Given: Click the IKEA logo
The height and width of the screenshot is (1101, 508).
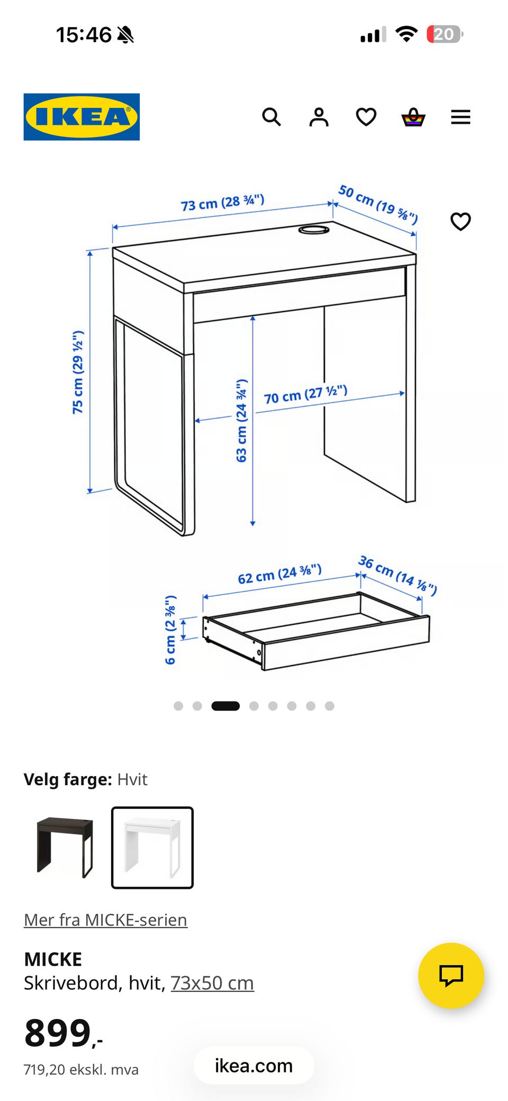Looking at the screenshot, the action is point(81,117).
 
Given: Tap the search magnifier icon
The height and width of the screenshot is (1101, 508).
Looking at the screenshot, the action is point(271,117).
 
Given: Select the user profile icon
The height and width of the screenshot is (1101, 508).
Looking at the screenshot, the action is point(319,117).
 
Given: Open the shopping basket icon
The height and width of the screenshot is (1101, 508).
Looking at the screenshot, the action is point(413,117).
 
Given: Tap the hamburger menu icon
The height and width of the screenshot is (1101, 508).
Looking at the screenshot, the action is point(460,117).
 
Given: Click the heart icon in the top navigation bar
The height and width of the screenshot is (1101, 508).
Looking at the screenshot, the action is point(366,117).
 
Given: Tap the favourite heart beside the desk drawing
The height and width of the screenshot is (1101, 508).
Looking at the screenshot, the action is point(460,221).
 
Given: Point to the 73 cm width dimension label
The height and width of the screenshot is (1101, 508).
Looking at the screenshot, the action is point(222,202).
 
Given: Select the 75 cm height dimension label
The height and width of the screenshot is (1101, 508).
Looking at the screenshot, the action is point(78,372).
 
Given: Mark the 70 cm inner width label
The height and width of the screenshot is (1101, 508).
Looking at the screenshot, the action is point(305,395).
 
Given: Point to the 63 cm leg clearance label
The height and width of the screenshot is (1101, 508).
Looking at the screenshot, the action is point(241,421).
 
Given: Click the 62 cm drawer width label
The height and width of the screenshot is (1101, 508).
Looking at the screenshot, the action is point(279,574).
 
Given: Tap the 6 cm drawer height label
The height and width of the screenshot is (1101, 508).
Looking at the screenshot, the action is point(170,630).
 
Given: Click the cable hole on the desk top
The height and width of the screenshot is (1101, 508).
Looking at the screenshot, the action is point(314,230).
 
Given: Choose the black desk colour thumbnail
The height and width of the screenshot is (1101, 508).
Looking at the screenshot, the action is point(65,848).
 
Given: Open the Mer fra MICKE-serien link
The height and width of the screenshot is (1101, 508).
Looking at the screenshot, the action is point(105,920).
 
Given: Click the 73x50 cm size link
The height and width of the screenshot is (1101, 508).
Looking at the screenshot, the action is point(212,983).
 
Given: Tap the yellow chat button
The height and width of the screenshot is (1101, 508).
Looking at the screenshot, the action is point(451,976).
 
